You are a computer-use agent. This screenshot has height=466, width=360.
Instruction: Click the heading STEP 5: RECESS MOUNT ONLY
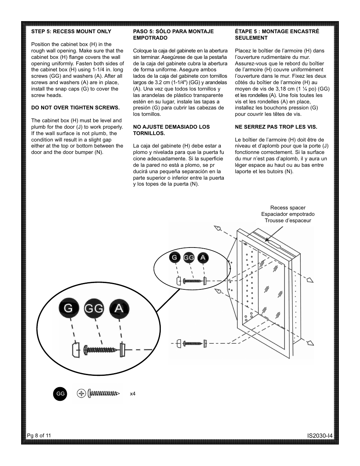71,32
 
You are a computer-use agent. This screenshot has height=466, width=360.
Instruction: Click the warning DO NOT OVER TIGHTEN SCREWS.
75,108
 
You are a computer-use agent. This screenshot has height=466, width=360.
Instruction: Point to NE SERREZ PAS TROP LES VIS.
276,127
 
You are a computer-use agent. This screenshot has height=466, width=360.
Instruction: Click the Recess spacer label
288,208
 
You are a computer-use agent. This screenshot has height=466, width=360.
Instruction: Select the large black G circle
68,308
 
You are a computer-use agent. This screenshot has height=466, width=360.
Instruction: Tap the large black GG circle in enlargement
94,309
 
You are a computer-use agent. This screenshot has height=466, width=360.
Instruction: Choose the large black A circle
119,308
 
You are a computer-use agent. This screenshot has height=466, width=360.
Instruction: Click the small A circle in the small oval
203,258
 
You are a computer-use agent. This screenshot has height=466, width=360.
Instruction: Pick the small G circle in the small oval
174,258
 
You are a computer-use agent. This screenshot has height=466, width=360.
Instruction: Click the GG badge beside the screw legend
60,394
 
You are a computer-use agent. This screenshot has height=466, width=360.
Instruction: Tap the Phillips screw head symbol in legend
81,394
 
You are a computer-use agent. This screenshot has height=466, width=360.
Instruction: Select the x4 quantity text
132,394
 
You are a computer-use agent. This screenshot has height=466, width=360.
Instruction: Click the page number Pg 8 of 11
39,435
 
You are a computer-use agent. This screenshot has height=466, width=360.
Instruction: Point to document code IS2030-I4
320,436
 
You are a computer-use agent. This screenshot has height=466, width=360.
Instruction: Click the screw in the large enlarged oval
101,350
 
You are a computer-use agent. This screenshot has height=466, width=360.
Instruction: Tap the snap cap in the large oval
75,351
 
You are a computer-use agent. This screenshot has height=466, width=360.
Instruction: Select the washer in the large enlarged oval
122,350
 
